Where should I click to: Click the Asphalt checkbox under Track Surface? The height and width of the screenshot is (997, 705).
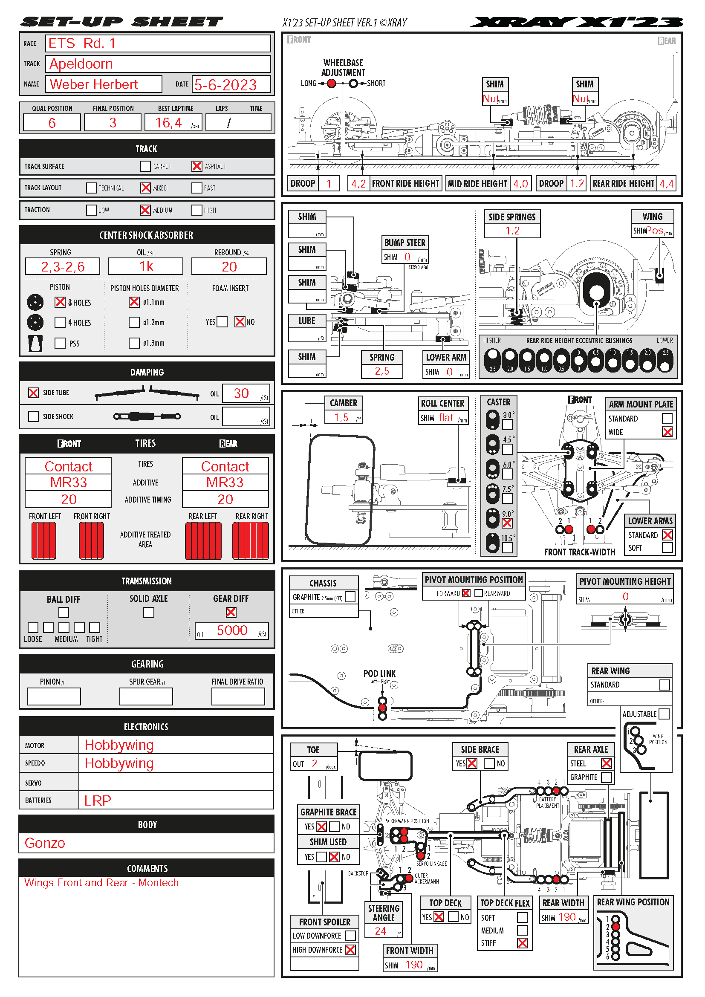click(x=196, y=166)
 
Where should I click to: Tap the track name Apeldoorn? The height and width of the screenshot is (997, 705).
click(x=81, y=64)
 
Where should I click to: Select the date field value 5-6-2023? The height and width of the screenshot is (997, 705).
click(x=225, y=85)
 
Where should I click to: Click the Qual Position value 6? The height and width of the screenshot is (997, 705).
click(x=52, y=123)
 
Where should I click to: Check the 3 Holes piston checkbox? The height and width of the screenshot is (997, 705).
click(x=60, y=302)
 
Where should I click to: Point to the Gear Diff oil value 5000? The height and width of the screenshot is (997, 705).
click(x=232, y=630)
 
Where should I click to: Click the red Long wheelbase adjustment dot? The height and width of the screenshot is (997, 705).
click(x=331, y=84)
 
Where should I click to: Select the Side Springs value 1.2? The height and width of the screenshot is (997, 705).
click(x=512, y=231)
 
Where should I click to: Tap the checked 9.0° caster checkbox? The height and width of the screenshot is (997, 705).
click(x=507, y=523)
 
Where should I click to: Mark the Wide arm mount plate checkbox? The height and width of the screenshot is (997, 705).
click(x=667, y=432)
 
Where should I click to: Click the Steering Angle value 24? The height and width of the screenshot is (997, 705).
click(x=380, y=931)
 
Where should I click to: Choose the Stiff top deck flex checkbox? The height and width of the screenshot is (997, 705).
click(x=523, y=943)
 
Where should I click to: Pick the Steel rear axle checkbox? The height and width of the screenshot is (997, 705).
click(x=607, y=763)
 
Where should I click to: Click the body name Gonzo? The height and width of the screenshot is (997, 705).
click(x=45, y=843)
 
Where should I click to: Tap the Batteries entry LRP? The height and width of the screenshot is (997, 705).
click(x=98, y=800)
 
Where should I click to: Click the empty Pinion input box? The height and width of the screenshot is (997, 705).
click(x=54, y=696)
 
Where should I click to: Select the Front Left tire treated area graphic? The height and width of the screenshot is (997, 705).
click(x=44, y=540)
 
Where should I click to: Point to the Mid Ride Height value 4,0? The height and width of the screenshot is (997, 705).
click(x=520, y=184)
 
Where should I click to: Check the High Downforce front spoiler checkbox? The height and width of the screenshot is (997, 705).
click(x=350, y=950)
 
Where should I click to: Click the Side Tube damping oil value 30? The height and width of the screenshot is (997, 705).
click(x=241, y=393)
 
